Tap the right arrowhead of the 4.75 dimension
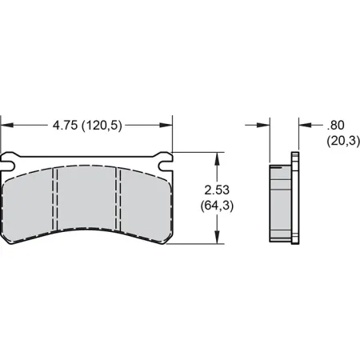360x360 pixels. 166,126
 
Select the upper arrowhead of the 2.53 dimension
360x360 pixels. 216,158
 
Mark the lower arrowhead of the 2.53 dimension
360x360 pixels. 216,238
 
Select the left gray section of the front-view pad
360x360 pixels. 30,204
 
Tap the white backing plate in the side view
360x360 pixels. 295,200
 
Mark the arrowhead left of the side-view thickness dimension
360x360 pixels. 265,126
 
